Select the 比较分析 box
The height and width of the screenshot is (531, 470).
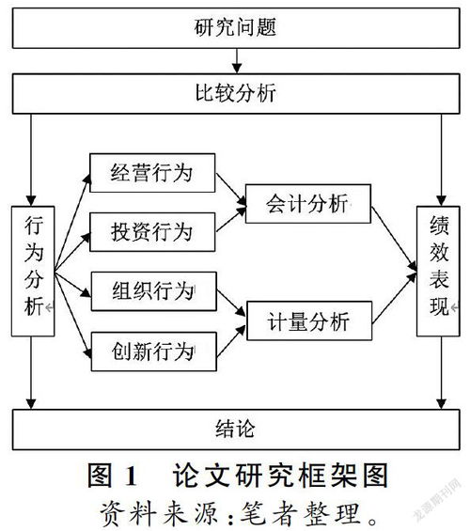[235, 94]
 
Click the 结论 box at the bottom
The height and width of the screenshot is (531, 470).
[235, 429]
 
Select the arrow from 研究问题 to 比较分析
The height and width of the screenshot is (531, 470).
[236, 62]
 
